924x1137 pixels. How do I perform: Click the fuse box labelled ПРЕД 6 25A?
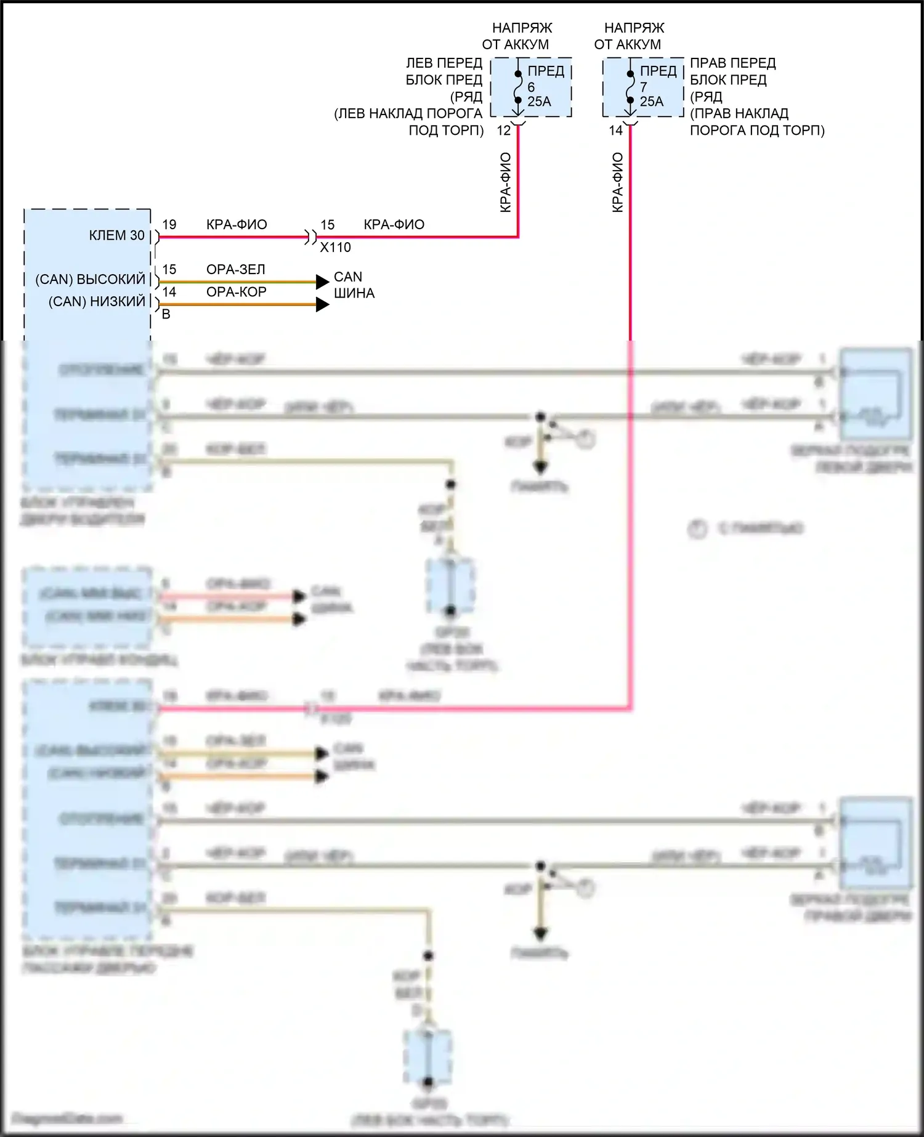click(x=531, y=87)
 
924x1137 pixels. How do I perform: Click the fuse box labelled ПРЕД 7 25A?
click(x=643, y=87)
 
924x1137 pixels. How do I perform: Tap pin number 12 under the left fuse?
click(x=504, y=131)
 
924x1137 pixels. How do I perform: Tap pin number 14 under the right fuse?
click(x=616, y=131)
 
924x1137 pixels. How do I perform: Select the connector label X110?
click(x=335, y=248)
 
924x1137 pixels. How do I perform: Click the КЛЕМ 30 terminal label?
click(x=116, y=235)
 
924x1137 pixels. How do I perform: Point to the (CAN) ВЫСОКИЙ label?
click(x=91, y=280)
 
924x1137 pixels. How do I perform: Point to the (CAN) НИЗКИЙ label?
click(x=97, y=302)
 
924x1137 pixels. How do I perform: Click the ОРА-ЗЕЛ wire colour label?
click(x=236, y=270)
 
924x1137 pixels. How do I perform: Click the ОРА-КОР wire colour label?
click(x=237, y=292)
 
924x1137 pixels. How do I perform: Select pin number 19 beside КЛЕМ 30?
click(x=169, y=225)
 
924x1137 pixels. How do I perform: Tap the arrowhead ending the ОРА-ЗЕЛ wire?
click(x=322, y=282)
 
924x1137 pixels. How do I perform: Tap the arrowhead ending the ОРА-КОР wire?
click(x=322, y=304)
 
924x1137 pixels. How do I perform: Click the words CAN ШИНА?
click(x=354, y=285)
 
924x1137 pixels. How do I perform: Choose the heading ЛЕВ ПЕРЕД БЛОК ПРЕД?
click(x=444, y=71)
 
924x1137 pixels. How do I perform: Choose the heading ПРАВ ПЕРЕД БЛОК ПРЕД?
click(x=732, y=71)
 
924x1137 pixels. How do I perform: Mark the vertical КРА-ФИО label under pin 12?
click(x=506, y=183)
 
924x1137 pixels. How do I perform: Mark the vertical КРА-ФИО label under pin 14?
click(x=618, y=183)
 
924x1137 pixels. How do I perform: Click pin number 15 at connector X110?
click(x=328, y=225)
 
